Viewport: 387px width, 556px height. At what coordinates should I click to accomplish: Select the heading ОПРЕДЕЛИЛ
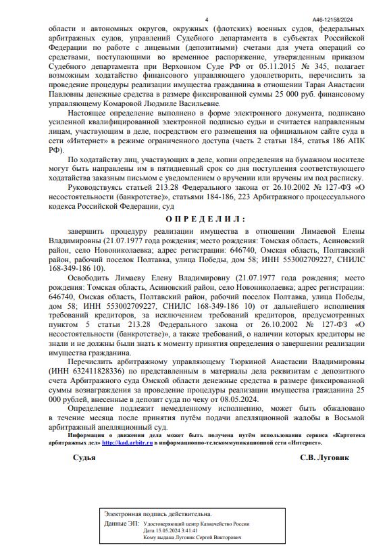tap(205, 219)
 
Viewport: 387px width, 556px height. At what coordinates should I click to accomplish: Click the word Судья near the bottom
tap(84, 457)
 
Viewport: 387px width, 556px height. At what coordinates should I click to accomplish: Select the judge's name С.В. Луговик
tap(325, 457)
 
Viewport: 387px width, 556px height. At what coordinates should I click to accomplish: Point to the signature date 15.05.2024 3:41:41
tap(170, 530)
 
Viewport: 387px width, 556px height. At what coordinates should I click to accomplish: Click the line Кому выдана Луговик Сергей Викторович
tap(192, 537)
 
